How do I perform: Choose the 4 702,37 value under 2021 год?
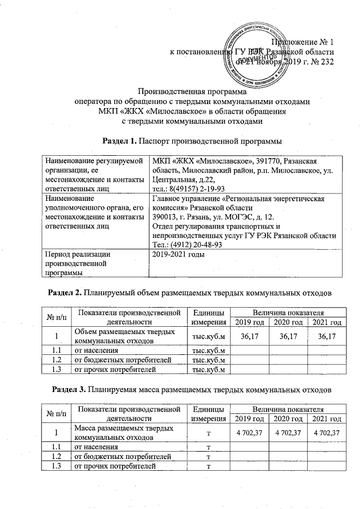tap(327, 433)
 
